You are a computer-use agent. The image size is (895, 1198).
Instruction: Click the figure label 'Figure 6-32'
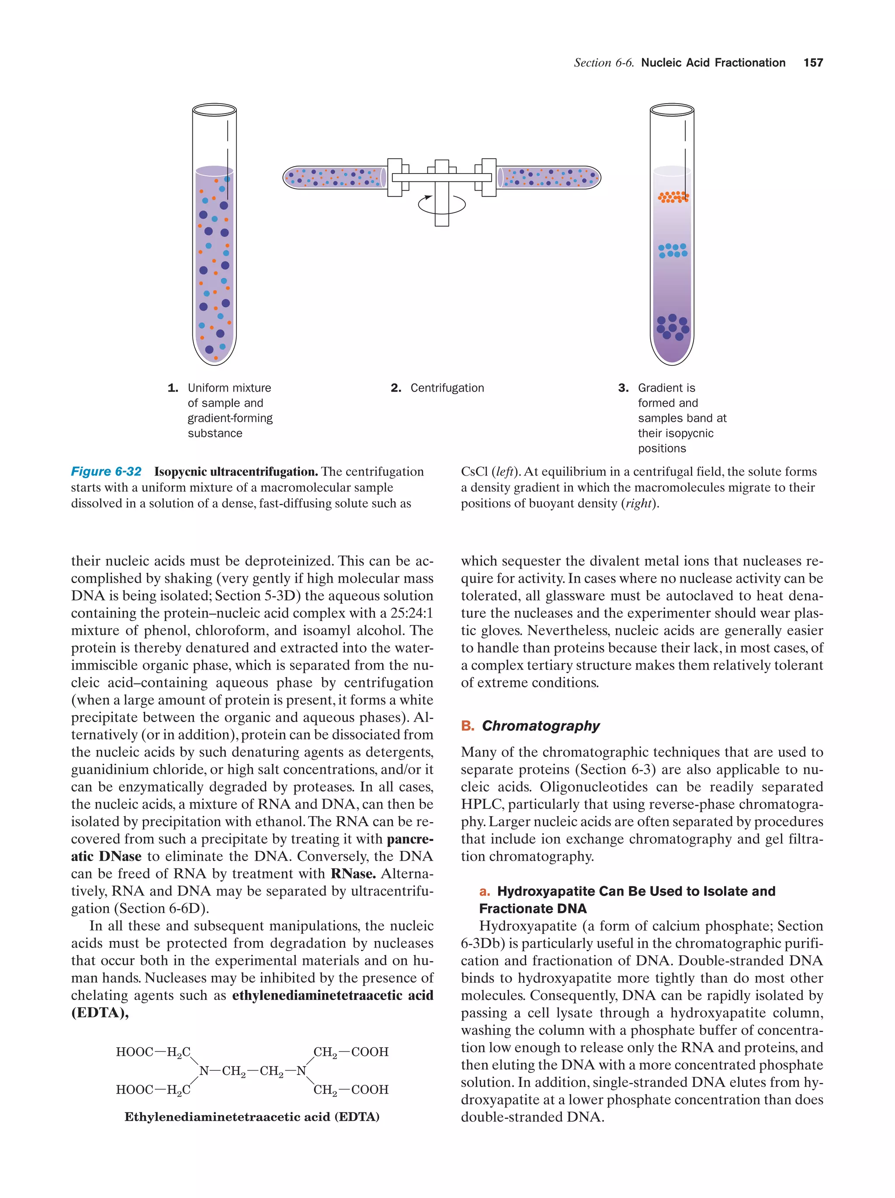(106, 471)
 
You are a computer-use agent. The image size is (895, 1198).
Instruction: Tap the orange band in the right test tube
(673, 197)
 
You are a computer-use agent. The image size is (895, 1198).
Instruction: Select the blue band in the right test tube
(673, 250)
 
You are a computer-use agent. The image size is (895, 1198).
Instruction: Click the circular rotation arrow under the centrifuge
(441, 205)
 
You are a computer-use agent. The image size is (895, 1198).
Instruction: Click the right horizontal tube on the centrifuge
(548, 177)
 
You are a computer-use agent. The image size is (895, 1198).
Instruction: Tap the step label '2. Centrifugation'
(437, 388)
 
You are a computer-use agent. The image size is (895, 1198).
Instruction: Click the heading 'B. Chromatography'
(531, 726)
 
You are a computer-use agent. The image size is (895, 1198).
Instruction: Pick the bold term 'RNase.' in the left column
(353, 874)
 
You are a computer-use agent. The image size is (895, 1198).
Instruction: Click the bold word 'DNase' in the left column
(120, 856)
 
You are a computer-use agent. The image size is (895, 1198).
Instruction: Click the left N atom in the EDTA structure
(204, 1071)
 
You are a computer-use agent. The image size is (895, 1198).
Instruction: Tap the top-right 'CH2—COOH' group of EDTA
(351, 1052)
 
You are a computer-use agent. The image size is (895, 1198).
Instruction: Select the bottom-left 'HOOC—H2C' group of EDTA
(153, 1090)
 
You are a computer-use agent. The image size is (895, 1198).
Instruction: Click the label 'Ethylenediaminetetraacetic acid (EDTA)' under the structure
(252, 1117)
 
